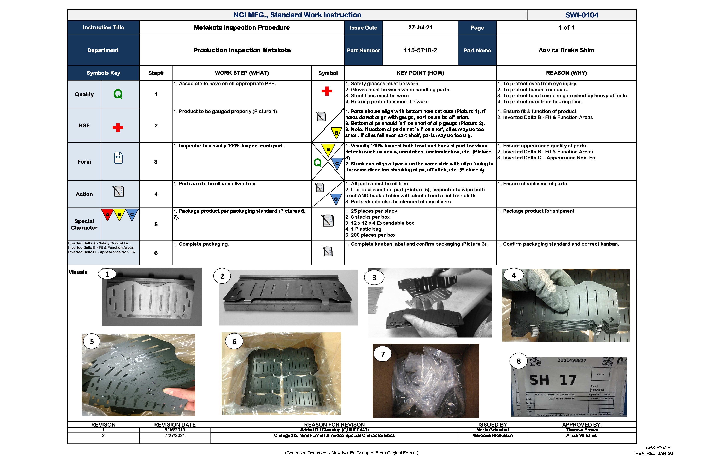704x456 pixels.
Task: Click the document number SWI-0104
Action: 582,15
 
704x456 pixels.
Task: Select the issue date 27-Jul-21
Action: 420,28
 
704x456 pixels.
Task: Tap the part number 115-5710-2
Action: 420,50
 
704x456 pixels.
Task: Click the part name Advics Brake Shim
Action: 566,50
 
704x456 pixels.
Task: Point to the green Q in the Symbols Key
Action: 118,94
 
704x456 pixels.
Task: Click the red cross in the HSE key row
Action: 118,128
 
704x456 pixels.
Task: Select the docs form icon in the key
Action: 118,158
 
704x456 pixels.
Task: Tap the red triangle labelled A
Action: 108,214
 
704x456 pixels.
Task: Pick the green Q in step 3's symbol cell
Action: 317,162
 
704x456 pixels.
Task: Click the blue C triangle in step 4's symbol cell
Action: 336,199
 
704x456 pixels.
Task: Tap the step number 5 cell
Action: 156,224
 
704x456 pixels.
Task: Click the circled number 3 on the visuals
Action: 374,278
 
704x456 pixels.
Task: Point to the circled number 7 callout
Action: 383,354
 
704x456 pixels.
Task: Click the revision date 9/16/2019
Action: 175,430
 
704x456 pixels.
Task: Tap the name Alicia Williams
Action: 581,435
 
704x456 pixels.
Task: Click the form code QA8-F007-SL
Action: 659,448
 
